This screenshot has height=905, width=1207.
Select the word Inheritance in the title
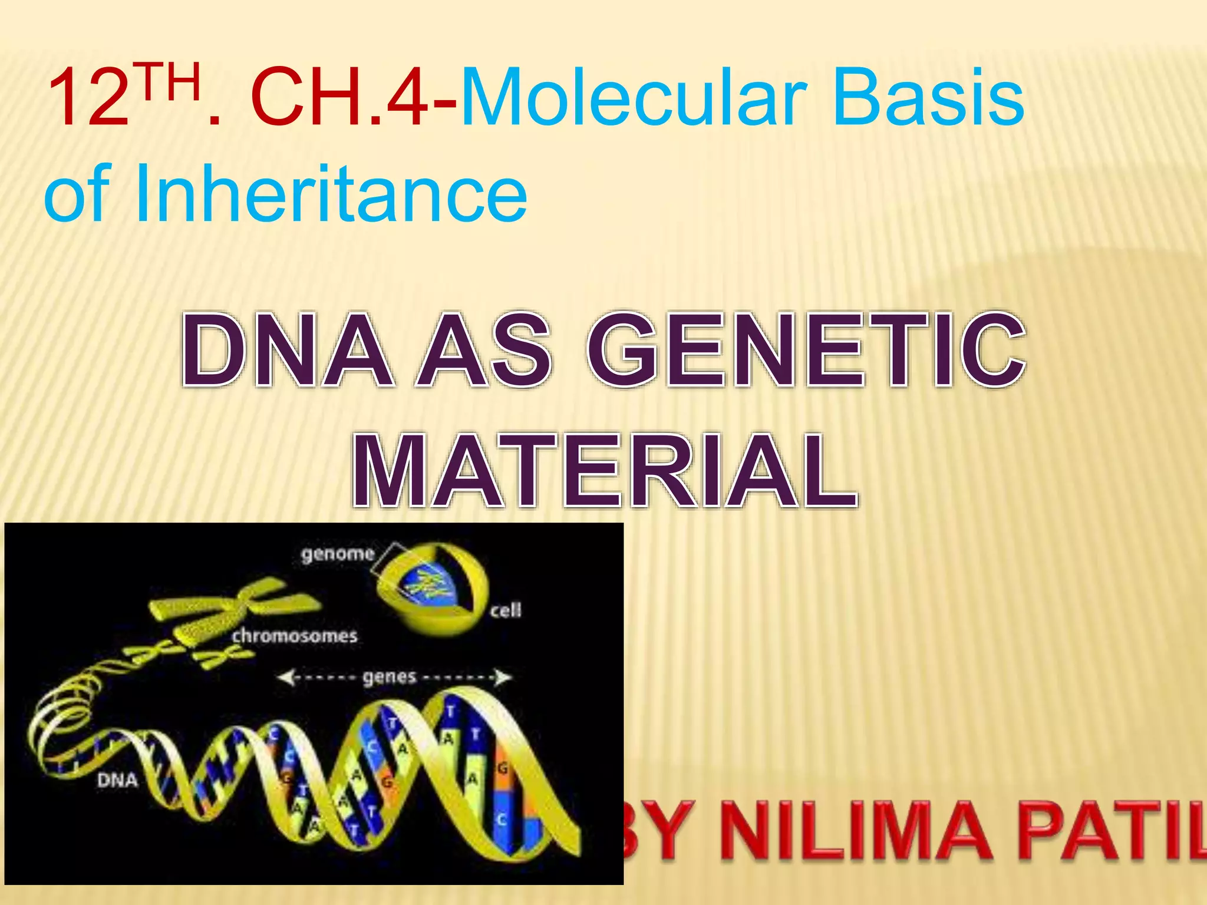coord(330,193)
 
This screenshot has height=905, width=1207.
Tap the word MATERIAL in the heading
coord(604,471)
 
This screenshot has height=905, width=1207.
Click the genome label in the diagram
coord(338,554)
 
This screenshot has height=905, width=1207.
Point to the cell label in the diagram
coord(506,610)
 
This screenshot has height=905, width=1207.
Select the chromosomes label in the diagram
coord(294,636)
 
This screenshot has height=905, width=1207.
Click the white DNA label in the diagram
coord(117,780)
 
